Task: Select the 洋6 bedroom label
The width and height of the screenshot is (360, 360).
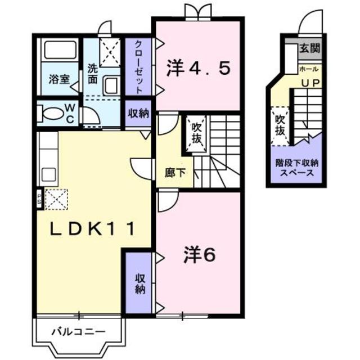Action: pyautogui.click(x=199, y=256)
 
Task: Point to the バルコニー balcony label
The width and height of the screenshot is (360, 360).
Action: pyautogui.click(x=79, y=331)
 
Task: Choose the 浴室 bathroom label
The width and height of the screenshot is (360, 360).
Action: pyautogui.click(x=58, y=80)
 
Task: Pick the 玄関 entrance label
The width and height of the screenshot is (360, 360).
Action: pyautogui.click(x=309, y=49)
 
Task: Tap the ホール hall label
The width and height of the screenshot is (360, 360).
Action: pyautogui.click(x=309, y=69)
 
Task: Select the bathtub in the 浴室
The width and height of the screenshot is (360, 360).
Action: pyautogui.click(x=59, y=52)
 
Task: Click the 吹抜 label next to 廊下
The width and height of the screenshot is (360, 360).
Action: pyautogui.click(x=196, y=132)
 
